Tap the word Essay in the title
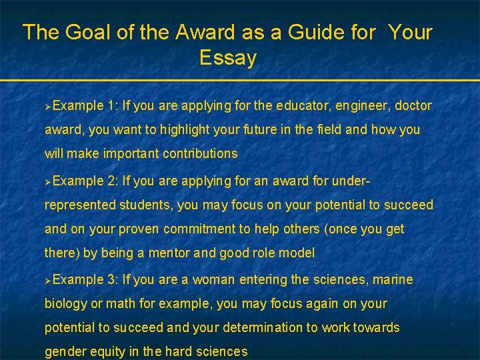227,58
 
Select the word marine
393,279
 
